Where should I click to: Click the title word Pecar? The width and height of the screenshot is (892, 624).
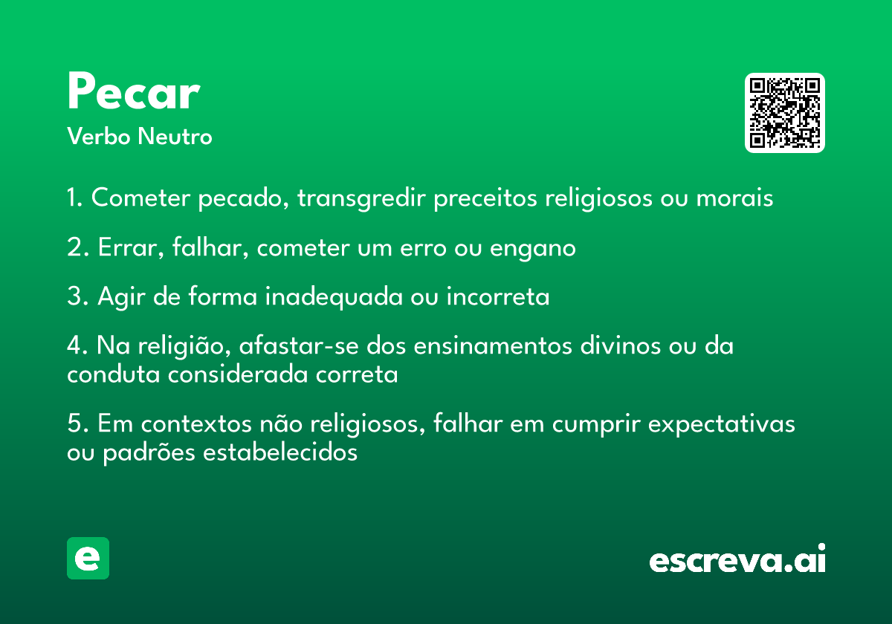pyautogui.click(x=134, y=91)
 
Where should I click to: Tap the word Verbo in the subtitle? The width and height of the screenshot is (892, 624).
pyautogui.click(x=99, y=136)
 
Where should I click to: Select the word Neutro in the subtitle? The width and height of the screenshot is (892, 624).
pyautogui.click(x=175, y=137)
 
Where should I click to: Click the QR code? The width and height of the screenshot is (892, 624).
pyautogui.click(x=784, y=113)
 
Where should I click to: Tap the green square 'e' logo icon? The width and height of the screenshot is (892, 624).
pyautogui.click(x=88, y=558)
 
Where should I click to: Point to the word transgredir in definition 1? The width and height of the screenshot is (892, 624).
pyautogui.click(x=361, y=198)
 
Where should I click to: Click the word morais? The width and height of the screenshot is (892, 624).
pyautogui.click(x=734, y=198)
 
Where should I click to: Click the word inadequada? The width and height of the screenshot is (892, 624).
pyautogui.click(x=334, y=297)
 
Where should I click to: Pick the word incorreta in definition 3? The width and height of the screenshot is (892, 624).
pyautogui.click(x=498, y=296)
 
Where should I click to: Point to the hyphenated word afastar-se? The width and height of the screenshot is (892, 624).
pyautogui.click(x=299, y=345)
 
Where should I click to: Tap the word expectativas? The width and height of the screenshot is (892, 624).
pyautogui.click(x=722, y=425)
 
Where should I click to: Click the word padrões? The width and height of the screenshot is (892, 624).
pyautogui.click(x=149, y=453)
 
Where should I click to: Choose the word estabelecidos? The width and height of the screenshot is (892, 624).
pyautogui.click(x=280, y=452)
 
